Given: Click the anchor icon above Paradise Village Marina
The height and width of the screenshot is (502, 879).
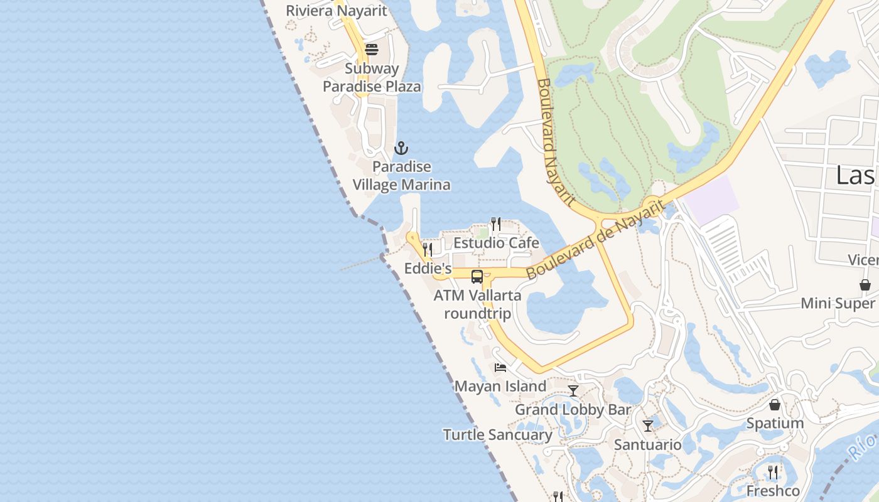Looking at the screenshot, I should pyautogui.click(x=401, y=149).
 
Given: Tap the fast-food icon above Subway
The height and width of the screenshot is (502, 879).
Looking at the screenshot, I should pyautogui.click(x=372, y=50).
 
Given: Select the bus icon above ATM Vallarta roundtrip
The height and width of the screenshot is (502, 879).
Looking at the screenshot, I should pyautogui.click(x=477, y=276).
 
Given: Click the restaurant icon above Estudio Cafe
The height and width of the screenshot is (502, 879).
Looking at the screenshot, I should pyautogui.click(x=495, y=223).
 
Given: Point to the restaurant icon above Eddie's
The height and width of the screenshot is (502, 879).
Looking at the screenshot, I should pyautogui.click(x=428, y=249).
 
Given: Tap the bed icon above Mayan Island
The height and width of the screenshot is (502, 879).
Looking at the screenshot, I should pyautogui.click(x=500, y=368).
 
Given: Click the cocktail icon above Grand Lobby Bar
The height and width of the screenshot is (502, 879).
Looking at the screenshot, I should pyautogui.click(x=573, y=391).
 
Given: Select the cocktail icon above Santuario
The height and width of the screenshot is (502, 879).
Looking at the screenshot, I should pyautogui.click(x=648, y=426).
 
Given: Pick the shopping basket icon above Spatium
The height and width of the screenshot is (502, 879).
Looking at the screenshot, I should pyautogui.click(x=775, y=405).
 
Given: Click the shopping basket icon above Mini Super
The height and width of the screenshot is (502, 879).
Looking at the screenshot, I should pyautogui.click(x=865, y=285).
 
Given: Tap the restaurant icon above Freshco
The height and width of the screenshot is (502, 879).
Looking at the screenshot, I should pyautogui.click(x=774, y=472).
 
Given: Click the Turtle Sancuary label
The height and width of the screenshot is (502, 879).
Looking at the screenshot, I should pyautogui.click(x=497, y=435).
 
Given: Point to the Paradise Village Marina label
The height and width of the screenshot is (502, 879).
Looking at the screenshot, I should pyautogui.click(x=401, y=176).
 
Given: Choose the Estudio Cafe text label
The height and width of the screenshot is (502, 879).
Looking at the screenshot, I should pyautogui.click(x=496, y=243).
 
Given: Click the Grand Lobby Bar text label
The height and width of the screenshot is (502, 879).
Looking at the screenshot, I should pyautogui.click(x=573, y=410).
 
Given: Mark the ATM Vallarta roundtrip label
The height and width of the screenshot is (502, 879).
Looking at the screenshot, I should pyautogui.click(x=477, y=304).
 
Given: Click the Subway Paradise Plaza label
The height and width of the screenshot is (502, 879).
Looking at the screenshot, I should pyautogui.click(x=372, y=77).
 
